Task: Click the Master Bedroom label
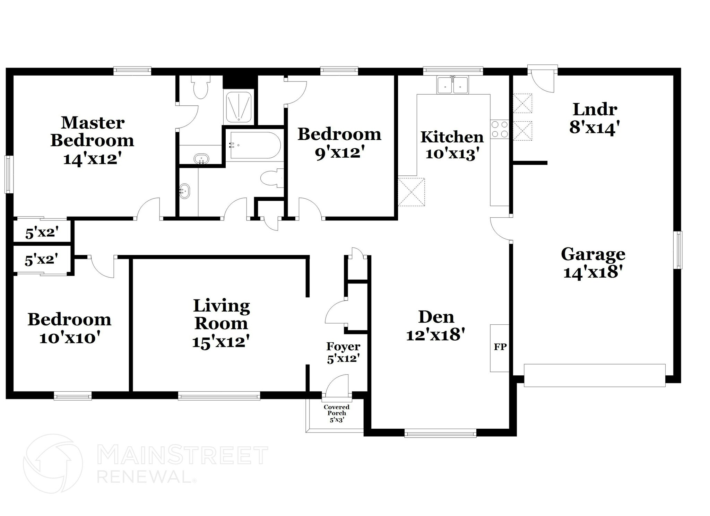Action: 92,132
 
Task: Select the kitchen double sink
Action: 452,85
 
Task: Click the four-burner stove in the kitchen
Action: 499,129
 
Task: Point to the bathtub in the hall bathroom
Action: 254,146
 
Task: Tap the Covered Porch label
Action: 336,413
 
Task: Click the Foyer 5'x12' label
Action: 343,353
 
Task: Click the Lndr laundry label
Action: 595,110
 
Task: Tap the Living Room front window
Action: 219,395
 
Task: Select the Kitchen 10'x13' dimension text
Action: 452,154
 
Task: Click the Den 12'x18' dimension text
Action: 435,335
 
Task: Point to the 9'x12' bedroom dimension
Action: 339,152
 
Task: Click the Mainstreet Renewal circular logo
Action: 53,463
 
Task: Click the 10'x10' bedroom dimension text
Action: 70,338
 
